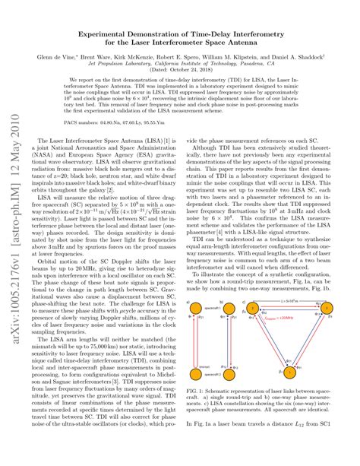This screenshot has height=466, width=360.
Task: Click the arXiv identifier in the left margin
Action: coord(13,228)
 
